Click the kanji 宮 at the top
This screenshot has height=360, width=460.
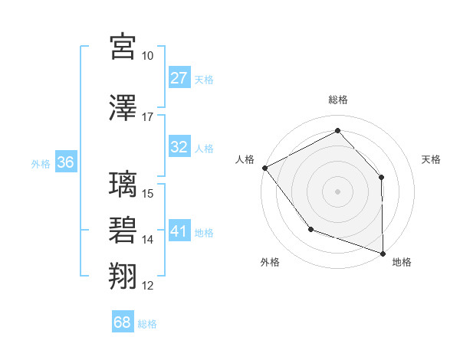[x=123, y=47]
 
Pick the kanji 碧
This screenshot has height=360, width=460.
[x=123, y=230]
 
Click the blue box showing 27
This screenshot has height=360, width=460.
[x=179, y=78]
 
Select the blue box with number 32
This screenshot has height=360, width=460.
[x=179, y=147]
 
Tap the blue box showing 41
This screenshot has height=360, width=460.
[x=179, y=231]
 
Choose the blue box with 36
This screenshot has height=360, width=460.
[x=65, y=162]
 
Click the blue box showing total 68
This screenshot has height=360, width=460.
[x=123, y=322]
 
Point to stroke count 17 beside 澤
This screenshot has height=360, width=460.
[x=148, y=117]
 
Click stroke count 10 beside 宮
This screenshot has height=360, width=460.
[x=148, y=57]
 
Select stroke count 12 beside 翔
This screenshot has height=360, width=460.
[x=148, y=286]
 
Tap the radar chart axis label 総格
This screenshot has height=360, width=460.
[x=338, y=100]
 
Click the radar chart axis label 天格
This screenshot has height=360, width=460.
[x=432, y=159]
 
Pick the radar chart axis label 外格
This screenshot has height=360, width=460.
[x=270, y=263]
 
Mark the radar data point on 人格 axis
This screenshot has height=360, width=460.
[x=264, y=168]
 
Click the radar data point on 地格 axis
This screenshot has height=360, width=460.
[x=383, y=253]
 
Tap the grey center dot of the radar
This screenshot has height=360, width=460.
[x=337, y=191]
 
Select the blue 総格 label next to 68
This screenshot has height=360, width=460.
[x=148, y=324]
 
